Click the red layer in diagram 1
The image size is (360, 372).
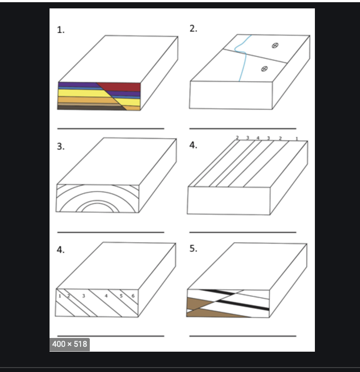coord(122,86)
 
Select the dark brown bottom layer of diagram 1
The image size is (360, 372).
coord(88,107)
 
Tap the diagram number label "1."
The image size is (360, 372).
coord(61,30)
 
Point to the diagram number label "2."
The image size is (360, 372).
coord(193,29)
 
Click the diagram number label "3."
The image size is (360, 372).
coord(61,147)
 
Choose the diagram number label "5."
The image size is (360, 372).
coord(193,248)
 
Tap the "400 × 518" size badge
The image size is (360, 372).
coord(70,344)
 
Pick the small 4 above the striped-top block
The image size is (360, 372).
coord(258,138)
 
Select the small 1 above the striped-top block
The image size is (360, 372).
coord(296,139)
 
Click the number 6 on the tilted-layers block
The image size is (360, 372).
coord(133,295)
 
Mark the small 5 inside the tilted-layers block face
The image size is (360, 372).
coord(120,295)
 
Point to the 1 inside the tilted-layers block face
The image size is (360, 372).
coord(59,295)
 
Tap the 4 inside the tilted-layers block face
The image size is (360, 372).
coord(106,295)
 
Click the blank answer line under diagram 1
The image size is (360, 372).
coord(111,129)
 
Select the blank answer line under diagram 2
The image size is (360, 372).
coord(242,129)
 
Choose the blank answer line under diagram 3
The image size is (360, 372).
coord(111,232)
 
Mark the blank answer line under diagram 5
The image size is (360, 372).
coord(242,336)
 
